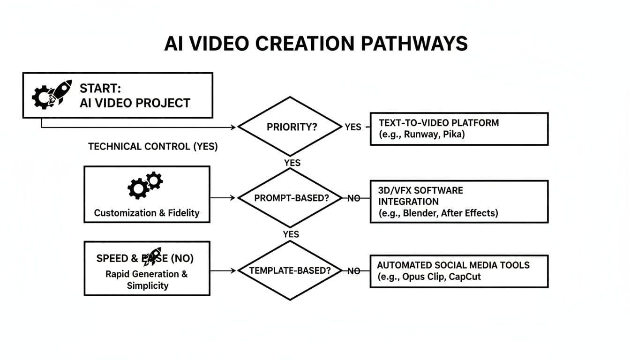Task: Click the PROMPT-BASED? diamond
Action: pyautogui.click(x=290, y=198)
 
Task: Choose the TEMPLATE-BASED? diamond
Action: pyautogui.click(x=290, y=270)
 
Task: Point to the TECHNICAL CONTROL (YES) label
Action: pyautogui.click(x=153, y=146)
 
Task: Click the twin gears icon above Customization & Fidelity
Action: pyautogui.click(x=145, y=185)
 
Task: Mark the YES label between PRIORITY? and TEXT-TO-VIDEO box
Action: pyautogui.click(x=352, y=127)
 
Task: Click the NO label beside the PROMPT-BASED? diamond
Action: pyautogui.click(x=354, y=198)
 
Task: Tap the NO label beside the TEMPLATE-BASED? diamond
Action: pyautogui.click(x=354, y=270)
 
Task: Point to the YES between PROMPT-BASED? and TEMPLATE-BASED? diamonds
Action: pyautogui.click(x=291, y=234)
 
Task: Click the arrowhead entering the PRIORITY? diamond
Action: pyautogui.click(x=232, y=127)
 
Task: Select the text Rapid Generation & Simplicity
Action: pyautogui.click(x=146, y=279)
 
